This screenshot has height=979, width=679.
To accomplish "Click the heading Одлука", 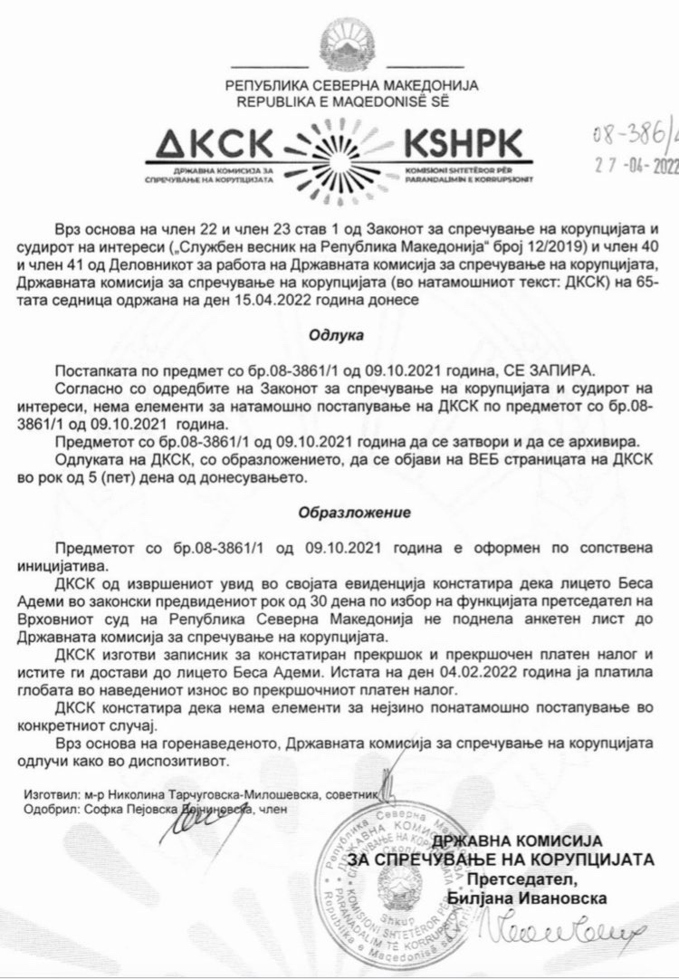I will [339, 335].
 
